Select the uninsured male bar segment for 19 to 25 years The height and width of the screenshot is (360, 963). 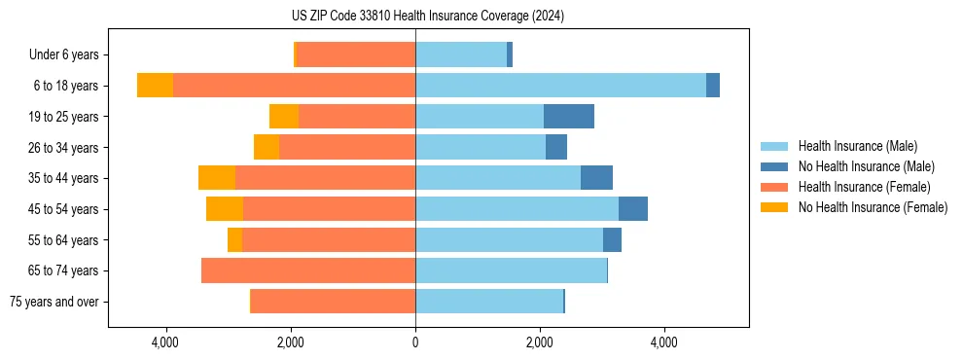[568, 117]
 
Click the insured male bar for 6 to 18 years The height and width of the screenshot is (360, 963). [560, 86]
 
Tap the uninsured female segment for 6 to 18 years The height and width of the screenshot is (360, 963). [155, 86]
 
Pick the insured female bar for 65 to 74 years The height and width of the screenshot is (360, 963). [308, 270]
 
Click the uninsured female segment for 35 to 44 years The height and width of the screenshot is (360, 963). [217, 178]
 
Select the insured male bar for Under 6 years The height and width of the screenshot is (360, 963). [461, 54]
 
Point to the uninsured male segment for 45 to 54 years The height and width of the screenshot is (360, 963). [632, 209]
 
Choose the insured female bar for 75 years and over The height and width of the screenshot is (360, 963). [333, 302]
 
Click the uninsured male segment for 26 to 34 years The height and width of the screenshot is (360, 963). [555, 148]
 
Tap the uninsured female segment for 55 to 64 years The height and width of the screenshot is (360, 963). [234, 240]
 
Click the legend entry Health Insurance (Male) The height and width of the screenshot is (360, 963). [857, 146]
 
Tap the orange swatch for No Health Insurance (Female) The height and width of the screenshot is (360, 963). [774, 207]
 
